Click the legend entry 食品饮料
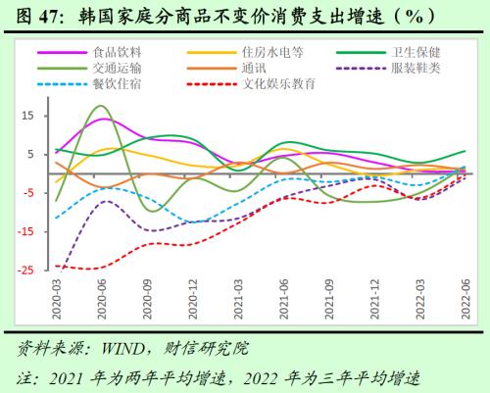[x=116, y=52]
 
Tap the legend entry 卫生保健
[x=417, y=52]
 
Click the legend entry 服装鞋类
[x=417, y=68]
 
